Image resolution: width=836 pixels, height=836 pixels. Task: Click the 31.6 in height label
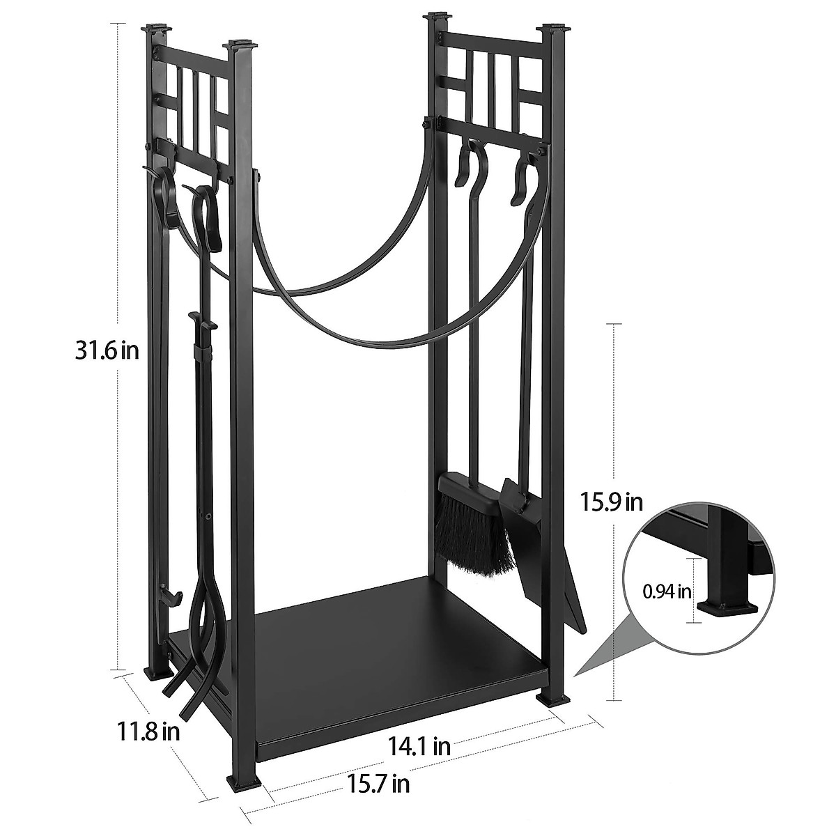(x=108, y=350)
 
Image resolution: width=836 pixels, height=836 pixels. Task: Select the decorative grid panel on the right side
(x=495, y=84)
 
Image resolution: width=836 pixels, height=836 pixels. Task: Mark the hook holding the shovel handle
(x=522, y=178)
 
